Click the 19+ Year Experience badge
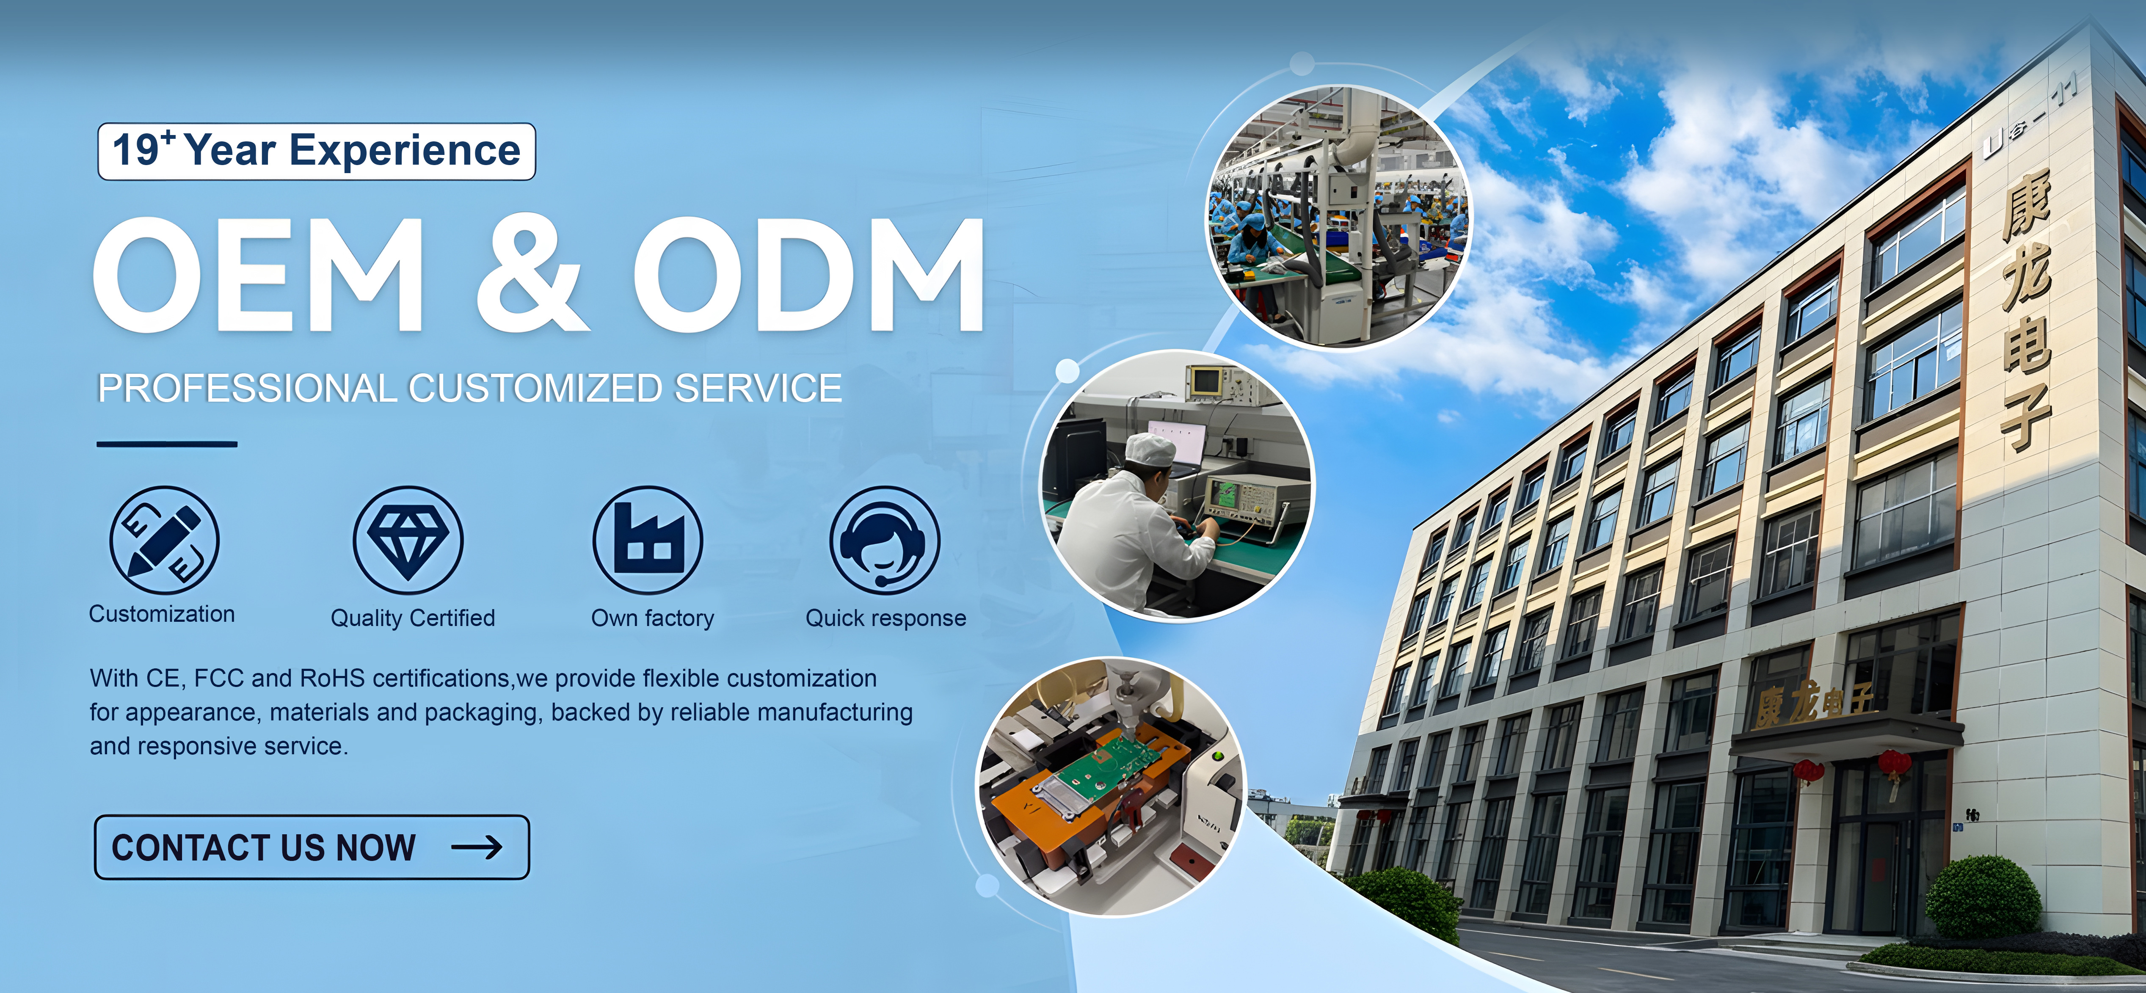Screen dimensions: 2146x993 point(317,151)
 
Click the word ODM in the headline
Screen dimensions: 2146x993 point(810,275)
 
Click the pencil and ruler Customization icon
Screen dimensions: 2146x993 point(164,540)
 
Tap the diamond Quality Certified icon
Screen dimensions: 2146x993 point(408,540)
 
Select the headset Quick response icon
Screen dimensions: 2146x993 point(885,540)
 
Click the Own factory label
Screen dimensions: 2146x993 point(652,618)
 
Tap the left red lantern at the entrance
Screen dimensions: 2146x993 point(1808,772)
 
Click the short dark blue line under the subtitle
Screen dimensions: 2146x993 point(167,444)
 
